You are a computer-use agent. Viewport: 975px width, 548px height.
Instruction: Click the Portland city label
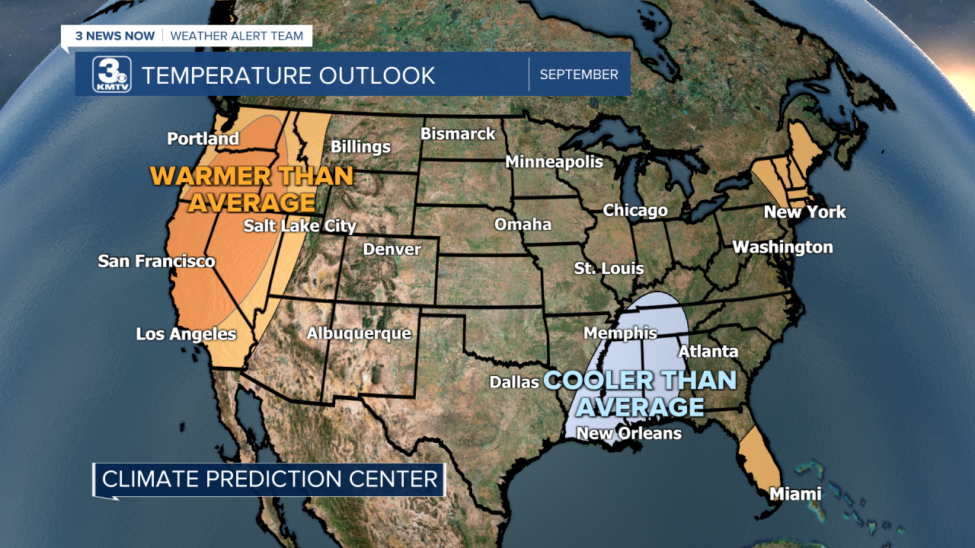[x=203, y=139]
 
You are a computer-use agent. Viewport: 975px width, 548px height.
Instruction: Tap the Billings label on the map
[x=360, y=147]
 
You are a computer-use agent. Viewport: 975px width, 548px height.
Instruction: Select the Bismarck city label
[x=458, y=134]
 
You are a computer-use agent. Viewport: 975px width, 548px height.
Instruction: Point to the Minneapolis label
[x=554, y=161]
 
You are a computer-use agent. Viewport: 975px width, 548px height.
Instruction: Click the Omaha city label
[x=523, y=224]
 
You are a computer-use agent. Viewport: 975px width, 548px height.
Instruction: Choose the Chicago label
[x=635, y=210]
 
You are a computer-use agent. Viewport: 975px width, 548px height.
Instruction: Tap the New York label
[x=804, y=212]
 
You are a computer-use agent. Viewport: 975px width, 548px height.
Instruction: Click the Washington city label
[x=782, y=247]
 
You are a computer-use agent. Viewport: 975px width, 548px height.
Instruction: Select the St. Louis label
[x=609, y=268]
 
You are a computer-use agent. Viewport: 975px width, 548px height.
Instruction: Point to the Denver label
[x=392, y=249]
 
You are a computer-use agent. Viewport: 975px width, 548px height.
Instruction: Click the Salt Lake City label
[x=299, y=225]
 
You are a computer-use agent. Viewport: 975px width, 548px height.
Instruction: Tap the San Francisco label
[x=156, y=261]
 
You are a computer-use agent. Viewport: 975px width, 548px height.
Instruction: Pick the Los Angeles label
[x=186, y=333]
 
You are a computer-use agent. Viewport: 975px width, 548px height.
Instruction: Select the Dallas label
[x=514, y=381]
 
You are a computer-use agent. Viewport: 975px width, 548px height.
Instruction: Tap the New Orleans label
[x=628, y=433]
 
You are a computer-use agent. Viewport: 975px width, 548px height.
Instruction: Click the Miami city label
[x=794, y=493]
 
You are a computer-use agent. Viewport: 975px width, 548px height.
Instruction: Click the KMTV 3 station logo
[x=112, y=75]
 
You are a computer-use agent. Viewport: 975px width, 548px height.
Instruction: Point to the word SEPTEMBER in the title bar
[x=579, y=75]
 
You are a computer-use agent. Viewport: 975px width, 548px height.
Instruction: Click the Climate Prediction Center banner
[x=270, y=479]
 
